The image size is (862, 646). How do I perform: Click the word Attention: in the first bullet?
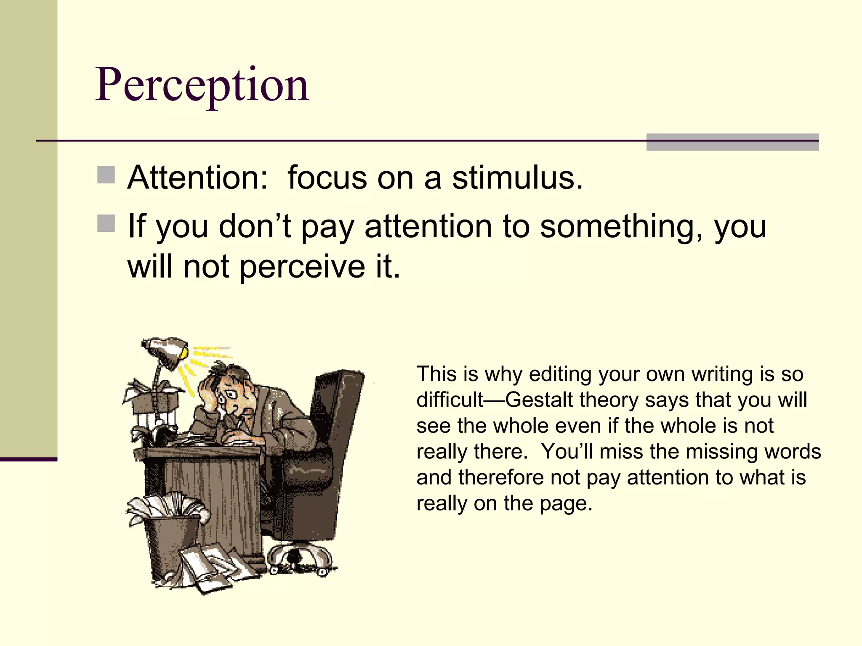(197, 178)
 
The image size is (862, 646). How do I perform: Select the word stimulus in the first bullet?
(517, 178)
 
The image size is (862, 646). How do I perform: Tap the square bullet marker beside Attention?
(106, 175)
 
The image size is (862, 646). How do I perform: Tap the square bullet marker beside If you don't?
(106, 223)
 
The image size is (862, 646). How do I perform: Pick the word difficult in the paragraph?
(450, 400)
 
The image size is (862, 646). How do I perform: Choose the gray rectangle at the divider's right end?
(732, 142)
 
